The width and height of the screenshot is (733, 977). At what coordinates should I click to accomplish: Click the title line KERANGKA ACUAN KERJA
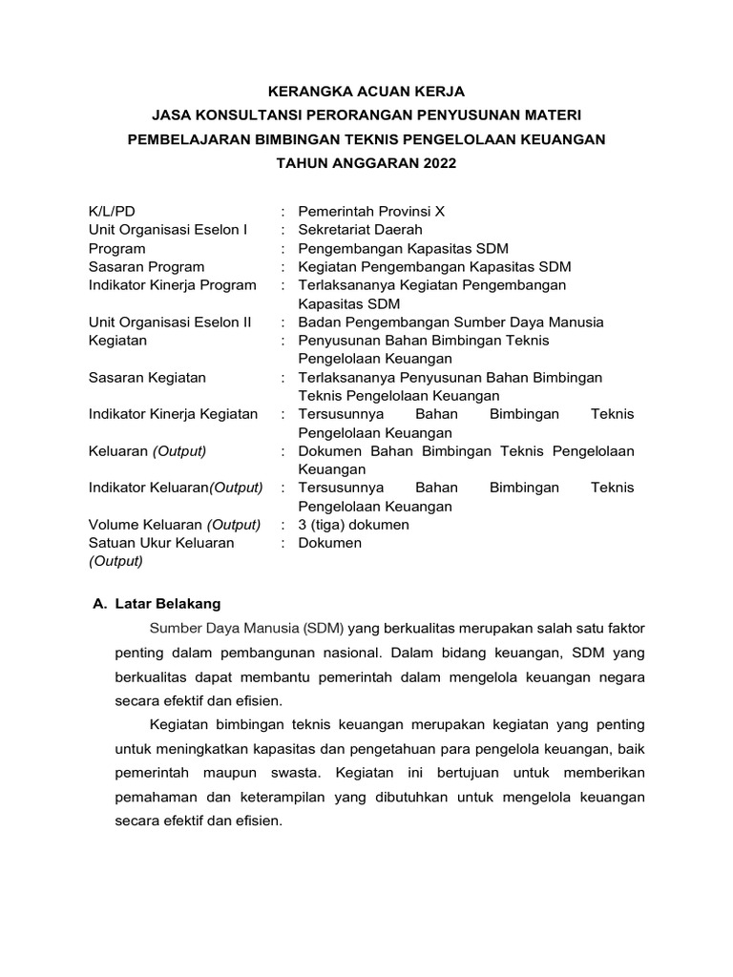pos(366,91)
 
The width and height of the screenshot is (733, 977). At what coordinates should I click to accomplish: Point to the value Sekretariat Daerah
pos(360,230)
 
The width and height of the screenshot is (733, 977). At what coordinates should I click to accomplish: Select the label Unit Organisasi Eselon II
pos(170,322)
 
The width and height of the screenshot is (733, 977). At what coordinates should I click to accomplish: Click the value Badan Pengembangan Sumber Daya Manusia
pos(450,322)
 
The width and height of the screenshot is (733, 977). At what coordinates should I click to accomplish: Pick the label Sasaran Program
pos(146,267)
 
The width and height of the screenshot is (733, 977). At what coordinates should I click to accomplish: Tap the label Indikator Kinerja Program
pos(172,285)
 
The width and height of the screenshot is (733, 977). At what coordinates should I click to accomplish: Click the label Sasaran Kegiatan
pos(147,378)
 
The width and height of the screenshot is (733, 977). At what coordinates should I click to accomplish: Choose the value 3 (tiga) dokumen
pos(353,525)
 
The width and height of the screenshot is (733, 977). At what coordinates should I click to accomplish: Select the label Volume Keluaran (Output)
pos(175,525)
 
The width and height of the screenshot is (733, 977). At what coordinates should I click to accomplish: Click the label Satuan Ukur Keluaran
pos(161,543)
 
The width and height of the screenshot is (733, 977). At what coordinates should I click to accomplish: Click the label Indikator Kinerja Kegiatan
pos(173,414)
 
